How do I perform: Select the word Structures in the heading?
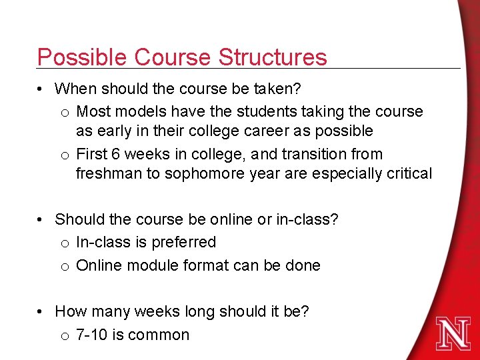pos(273,57)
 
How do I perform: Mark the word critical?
pos(407,173)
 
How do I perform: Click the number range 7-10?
pos(91,335)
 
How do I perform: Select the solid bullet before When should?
pos(41,89)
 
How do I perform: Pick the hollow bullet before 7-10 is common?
pos(64,335)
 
